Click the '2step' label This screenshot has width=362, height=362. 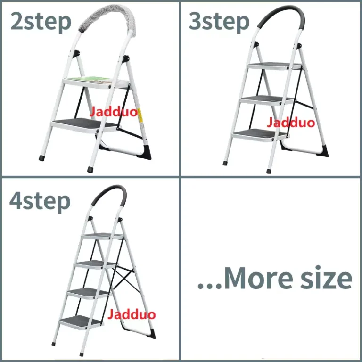click(x=41, y=22)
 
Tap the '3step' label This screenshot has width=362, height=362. click(x=219, y=22)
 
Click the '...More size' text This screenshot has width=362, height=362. click(x=275, y=278)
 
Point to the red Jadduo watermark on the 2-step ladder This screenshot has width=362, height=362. click(x=113, y=112)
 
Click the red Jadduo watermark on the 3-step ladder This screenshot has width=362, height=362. click(x=291, y=123)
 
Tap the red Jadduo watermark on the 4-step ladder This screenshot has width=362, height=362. click(x=132, y=314)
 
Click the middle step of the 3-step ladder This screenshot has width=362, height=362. click(x=268, y=100)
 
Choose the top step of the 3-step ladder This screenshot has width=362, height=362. click(x=275, y=66)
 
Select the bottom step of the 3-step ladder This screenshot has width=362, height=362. click(x=260, y=135)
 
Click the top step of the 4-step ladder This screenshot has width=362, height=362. click(x=102, y=236)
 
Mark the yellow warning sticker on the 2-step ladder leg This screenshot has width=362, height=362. click(x=139, y=114)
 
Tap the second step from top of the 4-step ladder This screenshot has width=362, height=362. click(x=95, y=264)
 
